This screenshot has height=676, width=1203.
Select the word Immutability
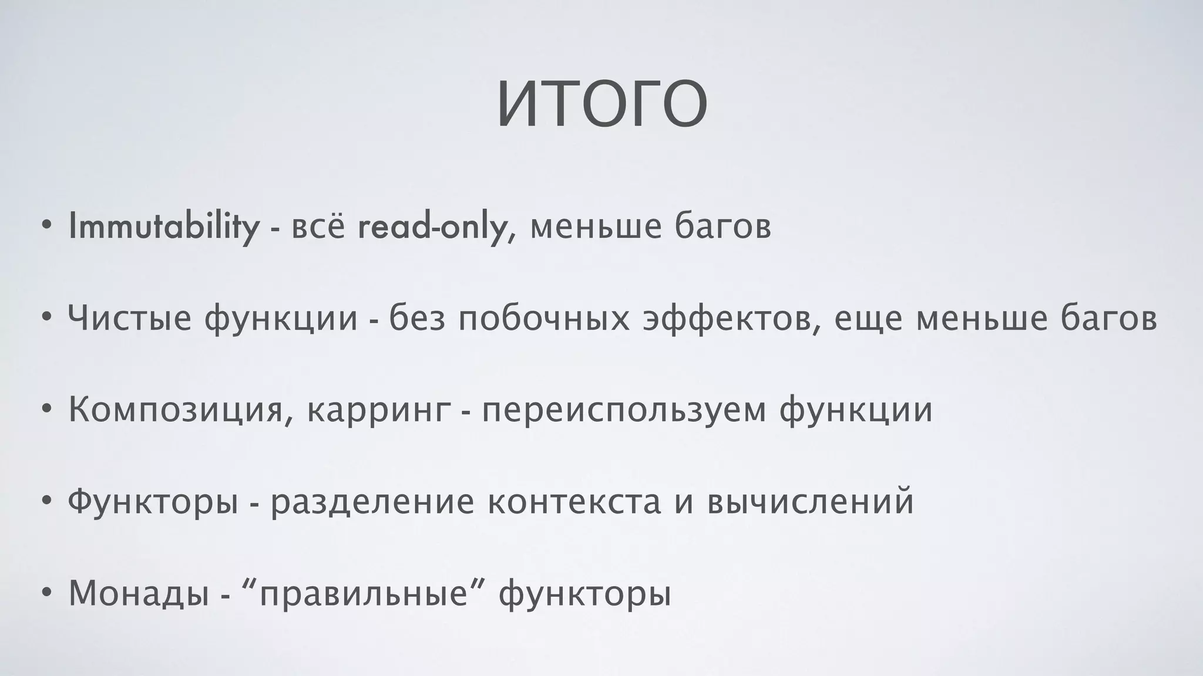coord(164,227)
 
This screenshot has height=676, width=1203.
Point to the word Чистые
coord(130,319)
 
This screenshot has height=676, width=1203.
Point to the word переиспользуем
coord(624,410)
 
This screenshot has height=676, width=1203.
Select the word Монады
coord(139,593)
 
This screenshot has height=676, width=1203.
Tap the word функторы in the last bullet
coord(584,593)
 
